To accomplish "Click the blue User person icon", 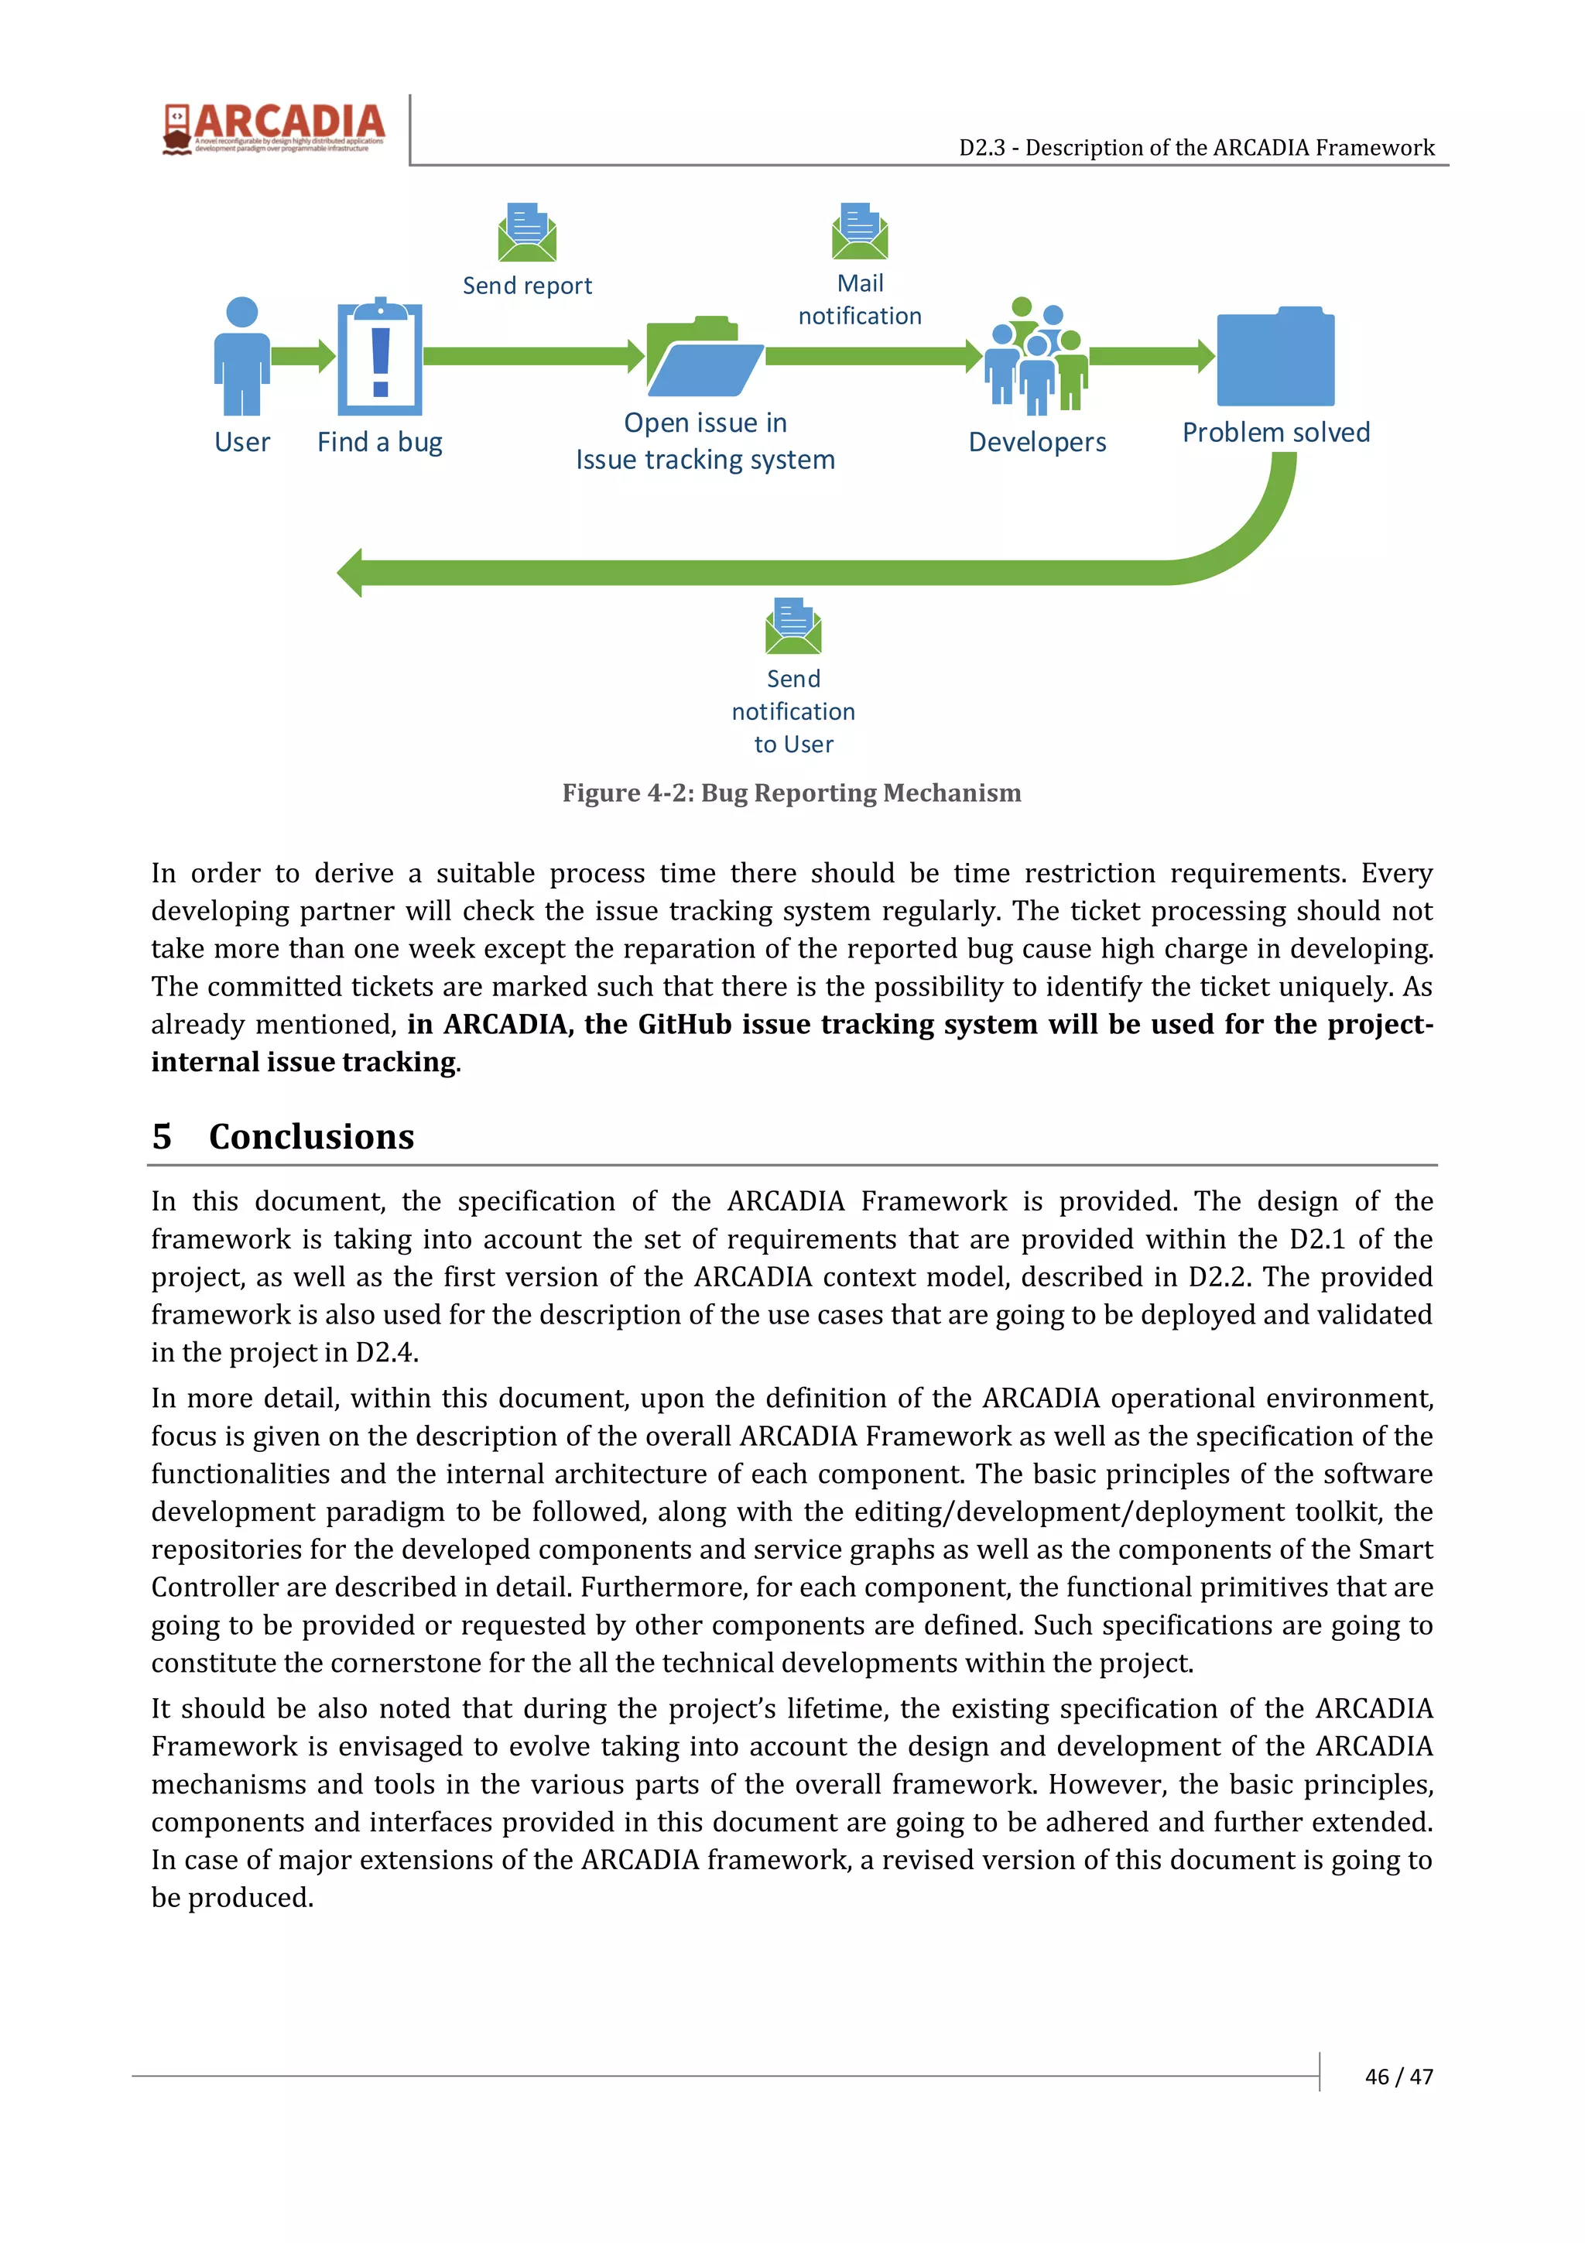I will (241, 357).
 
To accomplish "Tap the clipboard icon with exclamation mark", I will (380, 358).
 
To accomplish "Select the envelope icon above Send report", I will (526, 232).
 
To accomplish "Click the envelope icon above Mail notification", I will (859, 231).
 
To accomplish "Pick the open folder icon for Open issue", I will (704, 357).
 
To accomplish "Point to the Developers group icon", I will (1036, 357).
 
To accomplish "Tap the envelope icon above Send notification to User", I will (793, 626).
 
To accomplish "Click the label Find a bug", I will (380, 443).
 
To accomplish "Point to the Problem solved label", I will (1275, 433).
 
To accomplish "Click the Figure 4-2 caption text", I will (791, 793).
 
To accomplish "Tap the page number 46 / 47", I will (1398, 2076).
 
